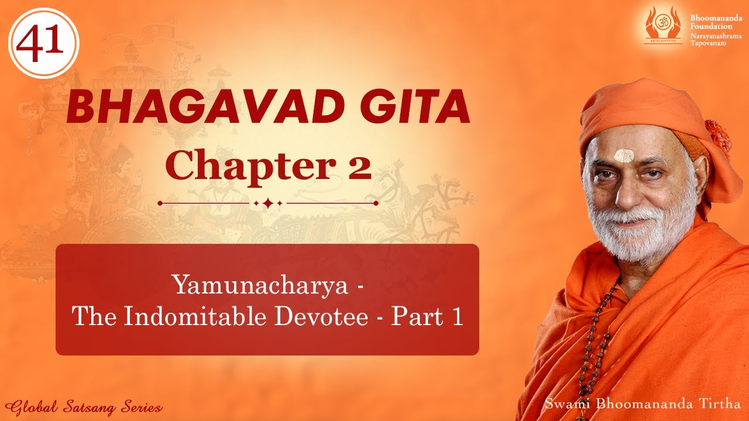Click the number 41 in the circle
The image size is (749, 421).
coord(43,43)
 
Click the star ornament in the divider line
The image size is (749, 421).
coord(267,203)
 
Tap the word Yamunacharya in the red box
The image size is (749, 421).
coord(258,285)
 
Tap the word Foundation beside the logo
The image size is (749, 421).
coord(711,26)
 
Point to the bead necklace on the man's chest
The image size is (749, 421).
coord(591,351)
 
